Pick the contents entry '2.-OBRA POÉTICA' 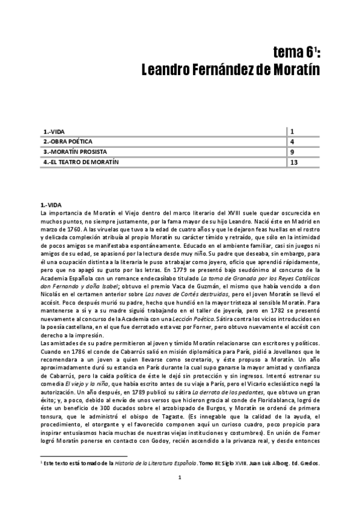pyautogui.click(x=66, y=141)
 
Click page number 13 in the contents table pyautogui.click(x=294, y=162)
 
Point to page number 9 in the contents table pyautogui.click(x=291, y=152)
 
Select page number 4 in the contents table pyautogui.click(x=291, y=141)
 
